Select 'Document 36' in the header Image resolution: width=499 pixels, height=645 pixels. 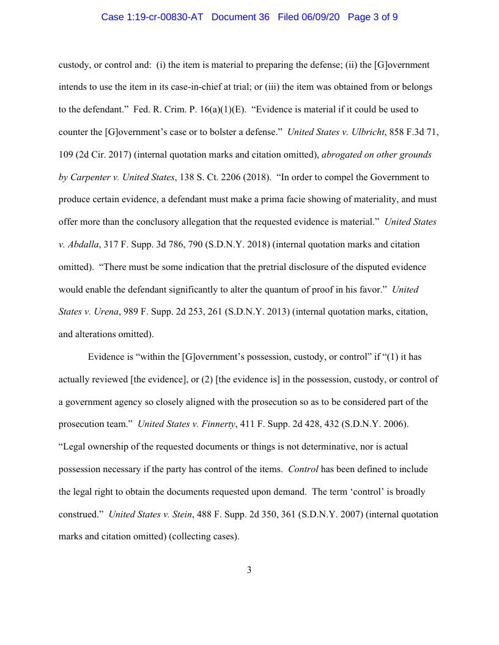click(240, 17)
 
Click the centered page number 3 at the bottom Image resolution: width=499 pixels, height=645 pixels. click(249, 570)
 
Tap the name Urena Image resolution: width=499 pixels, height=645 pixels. click(104, 312)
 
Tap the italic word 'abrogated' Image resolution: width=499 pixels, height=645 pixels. click(333, 155)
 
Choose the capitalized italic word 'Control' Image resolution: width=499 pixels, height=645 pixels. click(302, 470)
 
